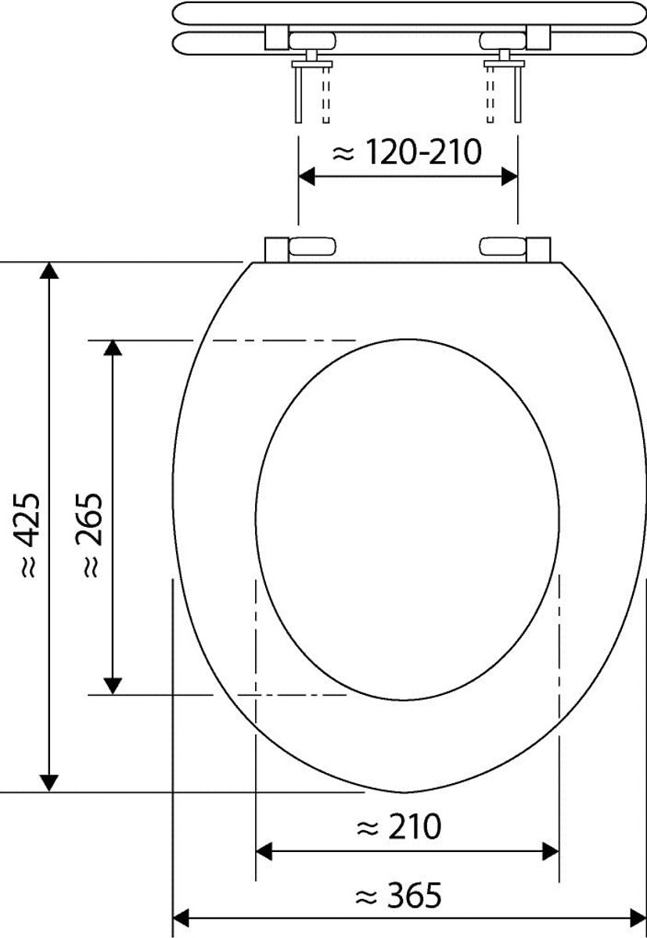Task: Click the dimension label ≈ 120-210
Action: (407, 151)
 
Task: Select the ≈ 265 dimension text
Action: (89, 535)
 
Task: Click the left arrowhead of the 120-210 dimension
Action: (307, 177)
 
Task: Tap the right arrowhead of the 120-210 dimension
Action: (509, 177)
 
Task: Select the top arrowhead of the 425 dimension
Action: (49, 270)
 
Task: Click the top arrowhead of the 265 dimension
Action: (113, 348)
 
